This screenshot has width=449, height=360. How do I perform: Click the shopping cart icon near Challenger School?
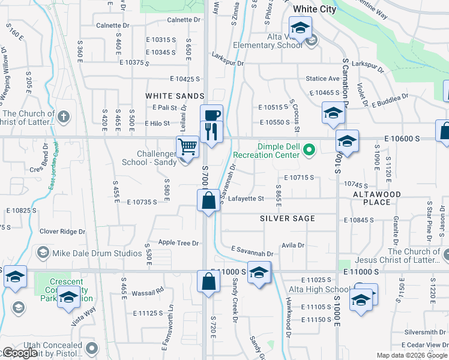pos(188,146)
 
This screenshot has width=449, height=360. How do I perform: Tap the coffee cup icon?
pos(211,115)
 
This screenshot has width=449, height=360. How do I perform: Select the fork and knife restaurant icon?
pos(211,131)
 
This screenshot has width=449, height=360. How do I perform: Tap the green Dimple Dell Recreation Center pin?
pos(309,149)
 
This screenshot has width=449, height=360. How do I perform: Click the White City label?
pos(315,9)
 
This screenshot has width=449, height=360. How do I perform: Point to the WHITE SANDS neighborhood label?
pos(171,96)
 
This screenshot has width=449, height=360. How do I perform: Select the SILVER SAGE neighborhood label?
pos(288,218)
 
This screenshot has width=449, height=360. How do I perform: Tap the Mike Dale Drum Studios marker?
pos(43,253)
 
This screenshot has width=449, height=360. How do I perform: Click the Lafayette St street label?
pos(246,199)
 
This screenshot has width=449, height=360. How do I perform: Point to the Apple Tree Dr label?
pos(178,243)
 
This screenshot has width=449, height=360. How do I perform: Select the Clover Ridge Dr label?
pos(62,231)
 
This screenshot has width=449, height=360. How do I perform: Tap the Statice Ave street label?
pos(322,79)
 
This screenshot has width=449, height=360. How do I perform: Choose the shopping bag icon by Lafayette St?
pos(208,200)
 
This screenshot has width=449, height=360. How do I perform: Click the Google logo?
pos(20,353)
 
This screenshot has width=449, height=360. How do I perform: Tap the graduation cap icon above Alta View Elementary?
pos(300,28)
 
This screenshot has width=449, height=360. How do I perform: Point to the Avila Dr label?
pos(293,245)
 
